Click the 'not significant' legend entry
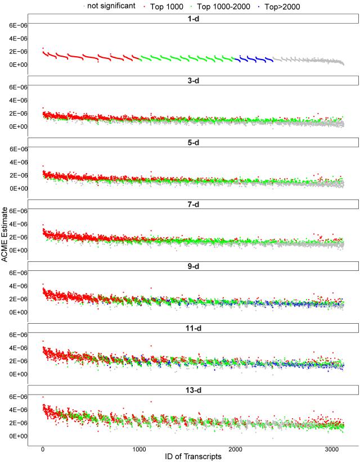(111, 6)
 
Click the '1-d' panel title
(193, 19)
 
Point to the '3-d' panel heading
(193, 81)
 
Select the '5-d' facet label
(193, 143)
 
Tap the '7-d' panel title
(193, 205)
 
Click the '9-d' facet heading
(193, 266)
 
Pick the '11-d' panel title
(193, 328)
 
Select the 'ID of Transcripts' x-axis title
(193, 457)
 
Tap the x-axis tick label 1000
(139, 449)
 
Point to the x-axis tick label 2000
(236, 449)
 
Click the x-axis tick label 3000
(332, 449)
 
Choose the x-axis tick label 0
(43, 449)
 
